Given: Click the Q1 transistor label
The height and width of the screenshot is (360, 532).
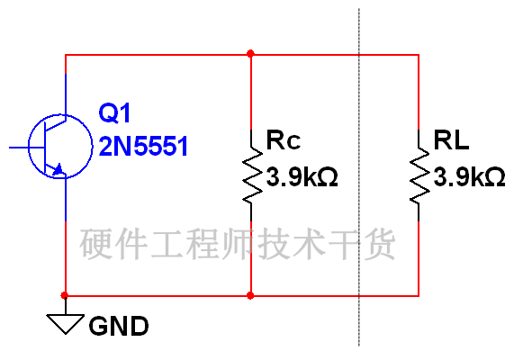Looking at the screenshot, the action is [x=114, y=113].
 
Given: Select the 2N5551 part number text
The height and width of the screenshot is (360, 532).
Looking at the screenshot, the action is [x=143, y=146].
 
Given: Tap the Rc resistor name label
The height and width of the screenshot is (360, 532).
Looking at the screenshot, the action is [x=284, y=139].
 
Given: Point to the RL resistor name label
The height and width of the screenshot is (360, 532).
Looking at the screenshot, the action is [x=451, y=139].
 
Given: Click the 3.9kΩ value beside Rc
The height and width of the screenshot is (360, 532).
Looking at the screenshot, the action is [x=302, y=176].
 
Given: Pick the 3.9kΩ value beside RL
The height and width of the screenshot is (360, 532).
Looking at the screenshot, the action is [x=469, y=176].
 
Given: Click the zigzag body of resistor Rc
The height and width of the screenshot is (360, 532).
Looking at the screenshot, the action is [x=252, y=175].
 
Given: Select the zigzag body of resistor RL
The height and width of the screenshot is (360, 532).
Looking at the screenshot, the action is [x=419, y=175].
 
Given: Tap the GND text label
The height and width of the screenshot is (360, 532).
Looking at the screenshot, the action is [x=119, y=326].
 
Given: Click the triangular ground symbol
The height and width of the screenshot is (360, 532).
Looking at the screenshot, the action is [x=66, y=323].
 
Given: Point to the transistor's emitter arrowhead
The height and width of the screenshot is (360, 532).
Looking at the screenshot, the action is [x=58, y=169].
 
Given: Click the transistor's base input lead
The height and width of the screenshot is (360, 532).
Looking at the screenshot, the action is [x=27, y=148].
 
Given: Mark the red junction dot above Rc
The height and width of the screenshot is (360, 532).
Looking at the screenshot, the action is [x=251, y=54].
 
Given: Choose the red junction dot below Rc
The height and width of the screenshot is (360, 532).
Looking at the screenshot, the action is [x=251, y=295].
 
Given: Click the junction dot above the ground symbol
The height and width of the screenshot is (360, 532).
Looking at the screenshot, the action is [x=65, y=295].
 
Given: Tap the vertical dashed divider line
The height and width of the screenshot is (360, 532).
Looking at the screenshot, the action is [x=359, y=177].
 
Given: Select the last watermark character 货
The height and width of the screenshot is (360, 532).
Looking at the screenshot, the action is [x=380, y=244].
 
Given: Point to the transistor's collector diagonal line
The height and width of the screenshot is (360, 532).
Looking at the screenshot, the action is [x=55, y=124].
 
